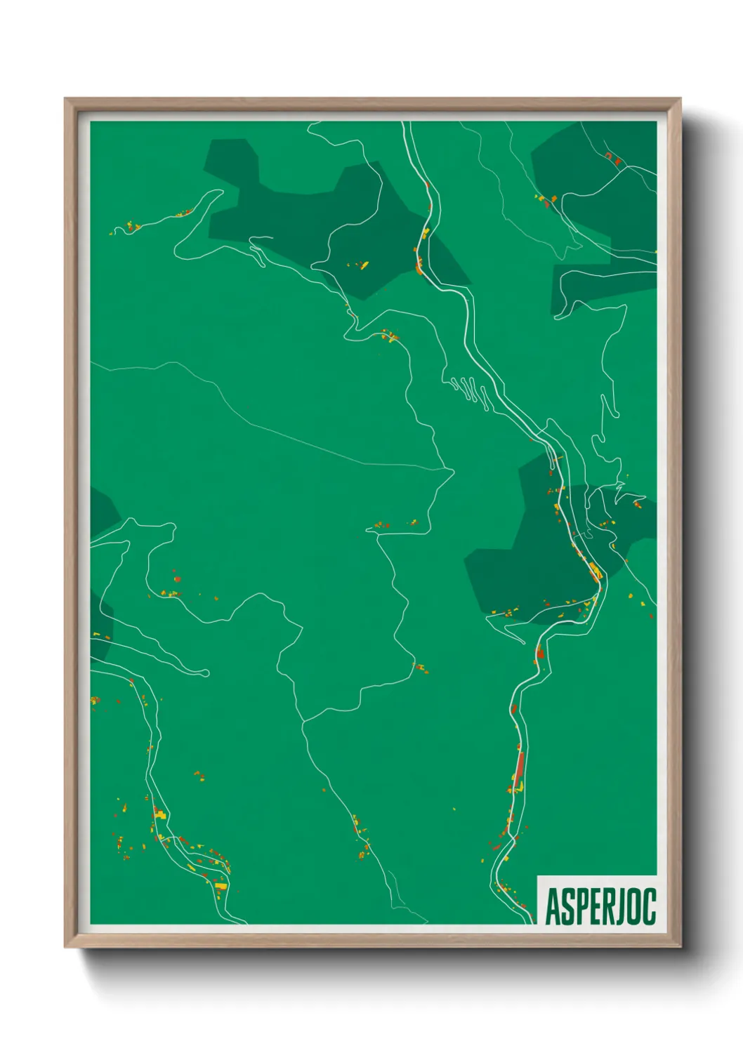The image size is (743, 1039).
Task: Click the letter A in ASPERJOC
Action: pos(552,907)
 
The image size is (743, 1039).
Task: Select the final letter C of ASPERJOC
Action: pos(650,907)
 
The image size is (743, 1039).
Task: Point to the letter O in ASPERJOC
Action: pos(636,907)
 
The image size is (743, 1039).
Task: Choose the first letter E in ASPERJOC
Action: pos(594,907)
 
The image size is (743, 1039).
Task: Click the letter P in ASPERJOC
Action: pos(580,907)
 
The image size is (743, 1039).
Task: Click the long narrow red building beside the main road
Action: pos(520,769)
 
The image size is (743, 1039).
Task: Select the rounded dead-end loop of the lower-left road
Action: pos(204,673)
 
